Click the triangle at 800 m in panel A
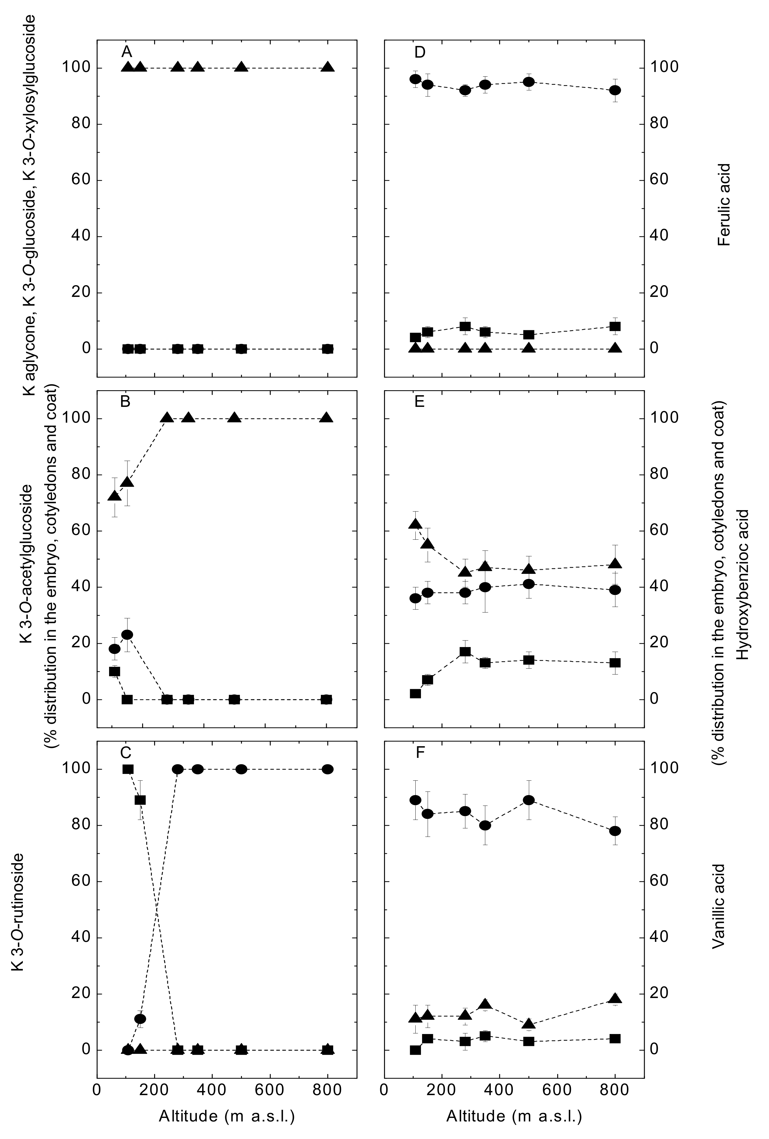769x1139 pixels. (x=328, y=68)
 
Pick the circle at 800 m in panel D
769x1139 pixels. (x=615, y=90)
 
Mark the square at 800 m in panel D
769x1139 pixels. (x=615, y=326)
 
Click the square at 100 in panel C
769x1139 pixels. (x=128, y=769)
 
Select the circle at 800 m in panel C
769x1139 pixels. (x=328, y=769)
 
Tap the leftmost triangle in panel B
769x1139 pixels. (x=115, y=496)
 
